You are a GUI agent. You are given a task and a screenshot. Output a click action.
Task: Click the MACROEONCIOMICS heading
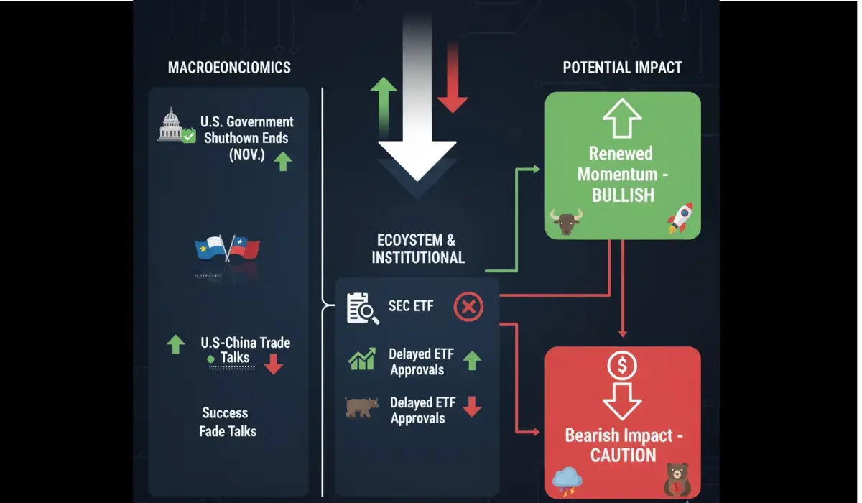229,68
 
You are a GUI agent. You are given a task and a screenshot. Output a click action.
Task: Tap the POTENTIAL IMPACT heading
622,68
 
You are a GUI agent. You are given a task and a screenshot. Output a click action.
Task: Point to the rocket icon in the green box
680,217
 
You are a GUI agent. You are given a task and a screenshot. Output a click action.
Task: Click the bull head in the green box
565,221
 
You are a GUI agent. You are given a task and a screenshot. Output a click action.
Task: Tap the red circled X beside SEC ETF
468,308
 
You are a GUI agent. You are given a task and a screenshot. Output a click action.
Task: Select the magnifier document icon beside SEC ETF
362,308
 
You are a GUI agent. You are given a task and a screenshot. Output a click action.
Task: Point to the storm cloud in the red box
567,480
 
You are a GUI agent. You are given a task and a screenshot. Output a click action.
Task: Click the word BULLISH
623,194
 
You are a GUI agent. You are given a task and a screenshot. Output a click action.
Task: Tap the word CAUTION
623,456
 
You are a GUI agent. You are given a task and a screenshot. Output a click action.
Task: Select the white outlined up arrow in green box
622,118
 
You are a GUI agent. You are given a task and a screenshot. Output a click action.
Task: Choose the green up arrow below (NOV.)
283,161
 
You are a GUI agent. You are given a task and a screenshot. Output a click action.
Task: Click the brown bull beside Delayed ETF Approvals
361,407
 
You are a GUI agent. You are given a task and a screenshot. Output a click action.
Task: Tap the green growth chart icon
362,359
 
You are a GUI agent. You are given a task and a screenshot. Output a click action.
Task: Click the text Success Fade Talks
228,422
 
